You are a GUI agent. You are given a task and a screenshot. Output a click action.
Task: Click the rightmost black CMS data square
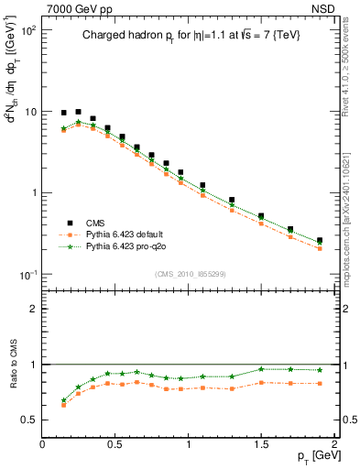point(320,241)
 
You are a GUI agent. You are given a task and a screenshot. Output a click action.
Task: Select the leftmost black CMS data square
point(63,113)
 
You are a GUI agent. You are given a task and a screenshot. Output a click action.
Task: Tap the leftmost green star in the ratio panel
point(63,400)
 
